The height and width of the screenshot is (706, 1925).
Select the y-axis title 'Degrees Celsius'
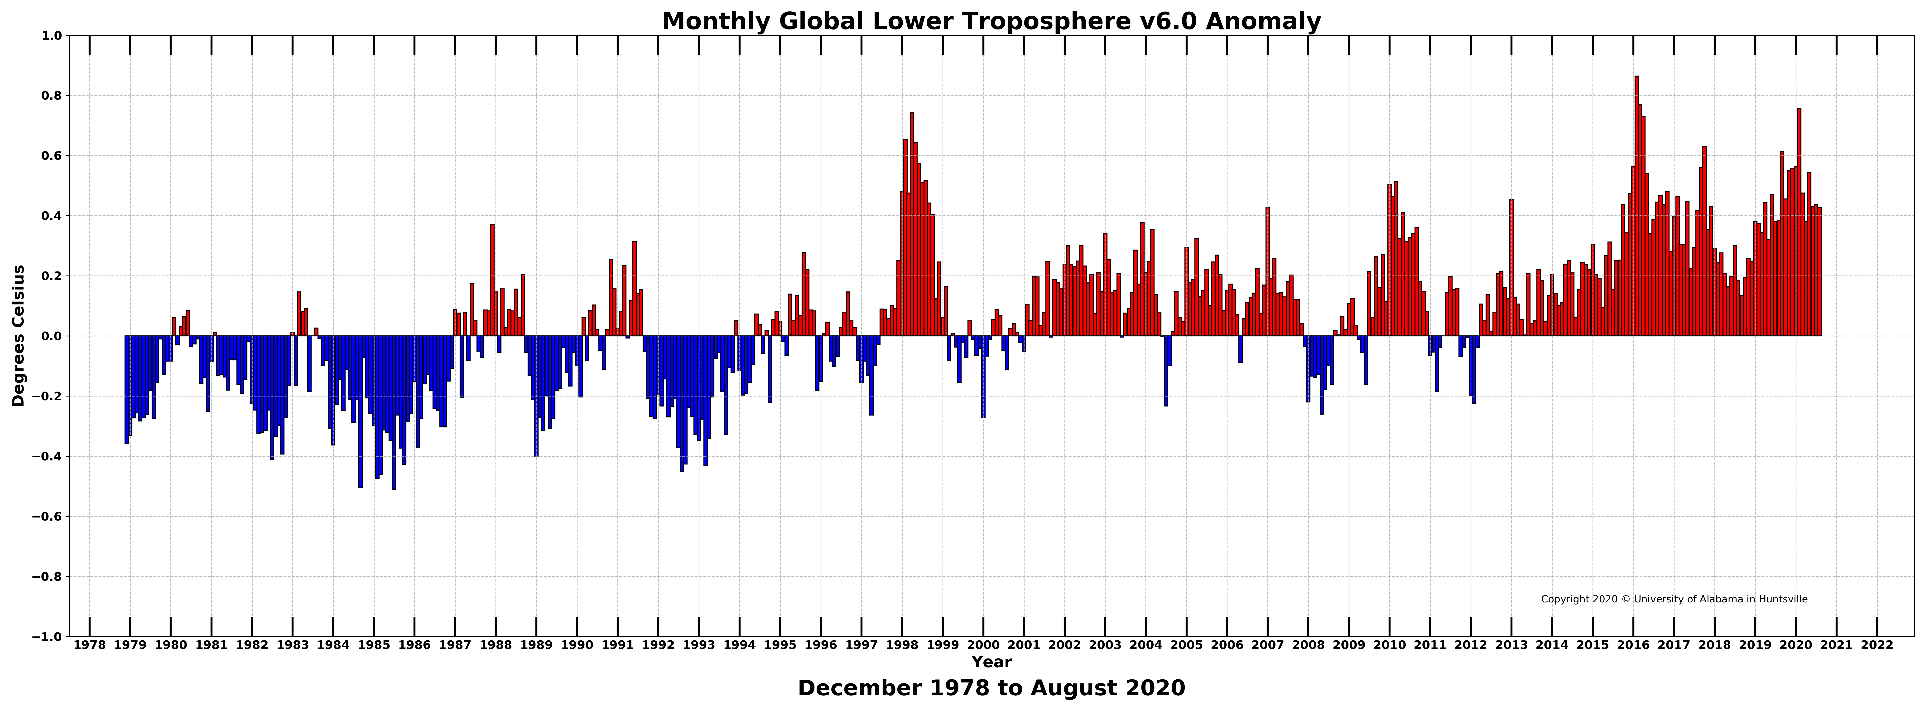point(19,335)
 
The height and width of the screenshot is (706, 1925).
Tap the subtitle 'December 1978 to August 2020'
point(991,688)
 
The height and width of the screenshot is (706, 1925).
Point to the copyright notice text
point(1674,599)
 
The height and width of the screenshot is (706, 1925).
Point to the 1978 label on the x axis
point(90,645)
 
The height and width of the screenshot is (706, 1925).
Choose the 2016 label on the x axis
point(1634,645)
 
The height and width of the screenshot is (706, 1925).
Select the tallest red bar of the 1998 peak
point(912,224)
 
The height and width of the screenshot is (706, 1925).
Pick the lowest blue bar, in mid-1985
point(394,412)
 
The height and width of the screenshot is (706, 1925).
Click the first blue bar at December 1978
point(126,390)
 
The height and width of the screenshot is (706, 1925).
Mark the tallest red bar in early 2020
point(1799,223)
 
